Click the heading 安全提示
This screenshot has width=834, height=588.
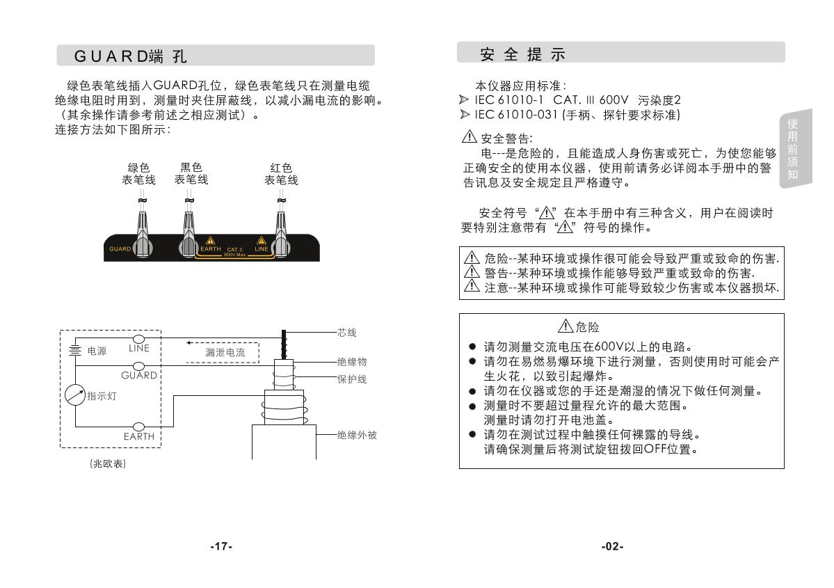[x=523, y=54]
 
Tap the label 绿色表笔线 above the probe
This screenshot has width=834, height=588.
[x=139, y=174]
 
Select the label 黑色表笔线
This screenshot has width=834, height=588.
[x=191, y=174]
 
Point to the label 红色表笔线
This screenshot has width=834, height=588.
[x=281, y=174]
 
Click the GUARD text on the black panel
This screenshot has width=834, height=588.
[x=120, y=248]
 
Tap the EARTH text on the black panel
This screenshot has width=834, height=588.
[x=210, y=248]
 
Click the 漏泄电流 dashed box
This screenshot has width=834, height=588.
[x=224, y=352]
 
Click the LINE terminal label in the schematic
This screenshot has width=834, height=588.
[x=139, y=349]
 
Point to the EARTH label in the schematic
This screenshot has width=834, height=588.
[x=139, y=437]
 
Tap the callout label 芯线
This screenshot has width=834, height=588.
[x=347, y=333]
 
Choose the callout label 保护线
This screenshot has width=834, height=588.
[x=352, y=379]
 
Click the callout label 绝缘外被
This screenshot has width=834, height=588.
[x=357, y=435]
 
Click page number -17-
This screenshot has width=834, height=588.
[x=221, y=546]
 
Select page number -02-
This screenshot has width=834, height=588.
[x=612, y=546]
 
